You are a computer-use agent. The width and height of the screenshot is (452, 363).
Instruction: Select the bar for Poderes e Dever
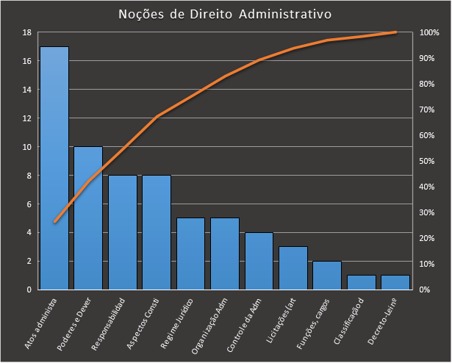[88, 218]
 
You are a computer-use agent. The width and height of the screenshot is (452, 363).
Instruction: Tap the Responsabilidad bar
[123, 232]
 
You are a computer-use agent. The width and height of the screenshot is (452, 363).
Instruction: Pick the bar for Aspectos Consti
[157, 232]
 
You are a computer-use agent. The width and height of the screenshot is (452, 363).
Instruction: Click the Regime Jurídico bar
[190, 254]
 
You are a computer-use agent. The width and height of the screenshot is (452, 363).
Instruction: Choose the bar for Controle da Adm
[259, 261]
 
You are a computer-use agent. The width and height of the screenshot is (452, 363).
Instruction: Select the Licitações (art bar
[293, 267]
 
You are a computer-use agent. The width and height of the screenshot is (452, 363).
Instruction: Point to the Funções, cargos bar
[327, 275]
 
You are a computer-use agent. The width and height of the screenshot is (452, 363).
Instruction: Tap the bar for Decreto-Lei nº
[395, 282]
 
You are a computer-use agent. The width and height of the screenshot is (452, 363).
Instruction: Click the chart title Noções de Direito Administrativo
[225, 14]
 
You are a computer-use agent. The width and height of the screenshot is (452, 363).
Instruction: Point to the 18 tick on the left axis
[26, 32]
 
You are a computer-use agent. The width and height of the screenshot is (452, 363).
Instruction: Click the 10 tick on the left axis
[26, 147]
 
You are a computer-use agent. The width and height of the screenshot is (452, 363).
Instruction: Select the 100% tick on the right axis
[429, 32]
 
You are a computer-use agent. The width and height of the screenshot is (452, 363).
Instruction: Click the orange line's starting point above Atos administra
[54, 222]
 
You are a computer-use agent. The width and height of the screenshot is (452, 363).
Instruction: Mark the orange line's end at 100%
[395, 32]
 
